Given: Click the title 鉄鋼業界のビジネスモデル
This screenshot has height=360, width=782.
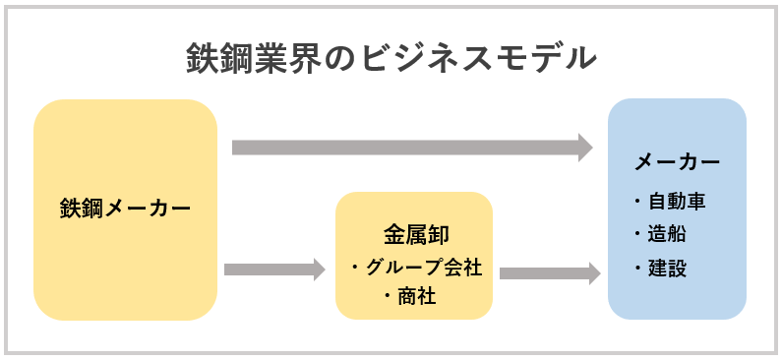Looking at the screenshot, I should pyautogui.click(x=391, y=58).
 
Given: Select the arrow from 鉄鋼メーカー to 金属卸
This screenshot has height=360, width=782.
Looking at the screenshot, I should pyautogui.click(x=271, y=269).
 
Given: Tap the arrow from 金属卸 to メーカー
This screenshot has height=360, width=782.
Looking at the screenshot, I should pyautogui.click(x=546, y=272).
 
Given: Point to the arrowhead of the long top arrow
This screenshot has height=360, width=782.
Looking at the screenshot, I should pyautogui.click(x=585, y=148).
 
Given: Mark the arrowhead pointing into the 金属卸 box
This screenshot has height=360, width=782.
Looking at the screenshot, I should pyautogui.click(x=318, y=269).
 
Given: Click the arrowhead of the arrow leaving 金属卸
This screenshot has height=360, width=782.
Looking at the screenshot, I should pyautogui.click(x=594, y=272).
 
